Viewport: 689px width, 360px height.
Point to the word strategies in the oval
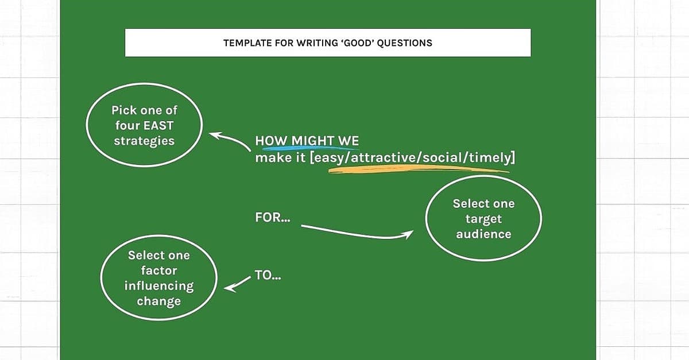(144, 141)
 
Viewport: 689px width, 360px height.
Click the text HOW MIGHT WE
(307, 141)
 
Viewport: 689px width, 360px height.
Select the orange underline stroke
(419, 169)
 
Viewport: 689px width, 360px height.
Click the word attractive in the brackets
(384, 157)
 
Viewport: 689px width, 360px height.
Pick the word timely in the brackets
(490, 158)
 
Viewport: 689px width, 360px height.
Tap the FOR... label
(273, 218)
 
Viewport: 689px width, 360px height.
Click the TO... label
(268, 276)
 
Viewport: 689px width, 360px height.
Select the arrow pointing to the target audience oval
(357, 234)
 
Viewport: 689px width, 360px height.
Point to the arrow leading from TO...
(237, 284)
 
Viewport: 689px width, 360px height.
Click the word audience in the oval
(483, 234)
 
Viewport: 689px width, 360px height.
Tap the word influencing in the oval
(159, 286)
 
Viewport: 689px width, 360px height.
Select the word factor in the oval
(159, 271)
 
